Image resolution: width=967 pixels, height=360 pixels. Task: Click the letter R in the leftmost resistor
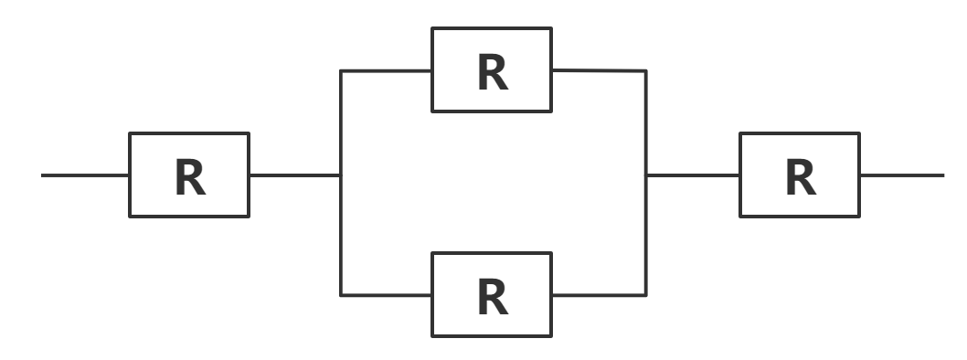(189, 178)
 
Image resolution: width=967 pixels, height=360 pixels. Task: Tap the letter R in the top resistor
(492, 73)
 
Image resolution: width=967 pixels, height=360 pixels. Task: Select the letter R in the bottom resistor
(492, 298)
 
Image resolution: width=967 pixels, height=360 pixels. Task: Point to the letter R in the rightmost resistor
(800, 178)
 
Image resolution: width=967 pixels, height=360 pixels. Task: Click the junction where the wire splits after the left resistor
(341, 175)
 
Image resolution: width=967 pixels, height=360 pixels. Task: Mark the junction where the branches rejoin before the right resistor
(646, 175)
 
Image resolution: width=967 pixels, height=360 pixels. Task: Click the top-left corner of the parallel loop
(341, 71)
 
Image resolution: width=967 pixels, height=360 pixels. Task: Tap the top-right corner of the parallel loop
(646, 71)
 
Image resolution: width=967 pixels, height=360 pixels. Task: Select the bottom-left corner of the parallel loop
(341, 295)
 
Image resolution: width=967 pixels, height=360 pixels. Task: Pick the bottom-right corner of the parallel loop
(646, 295)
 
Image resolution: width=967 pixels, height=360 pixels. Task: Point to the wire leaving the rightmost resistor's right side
(901, 175)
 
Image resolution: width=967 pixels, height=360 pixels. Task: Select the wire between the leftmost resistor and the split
(294, 175)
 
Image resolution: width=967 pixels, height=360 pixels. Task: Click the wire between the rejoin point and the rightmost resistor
(693, 175)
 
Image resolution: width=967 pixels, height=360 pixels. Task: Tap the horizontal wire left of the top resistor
(387, 71)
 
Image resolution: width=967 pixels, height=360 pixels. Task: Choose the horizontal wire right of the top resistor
(599, 70)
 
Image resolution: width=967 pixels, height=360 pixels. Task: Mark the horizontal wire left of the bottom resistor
(387, 295)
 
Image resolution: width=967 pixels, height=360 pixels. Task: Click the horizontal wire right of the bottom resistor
(599, 295)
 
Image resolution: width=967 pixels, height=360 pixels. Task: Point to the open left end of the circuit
(43, 175)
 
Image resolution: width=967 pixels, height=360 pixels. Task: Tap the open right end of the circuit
(942, 175)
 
